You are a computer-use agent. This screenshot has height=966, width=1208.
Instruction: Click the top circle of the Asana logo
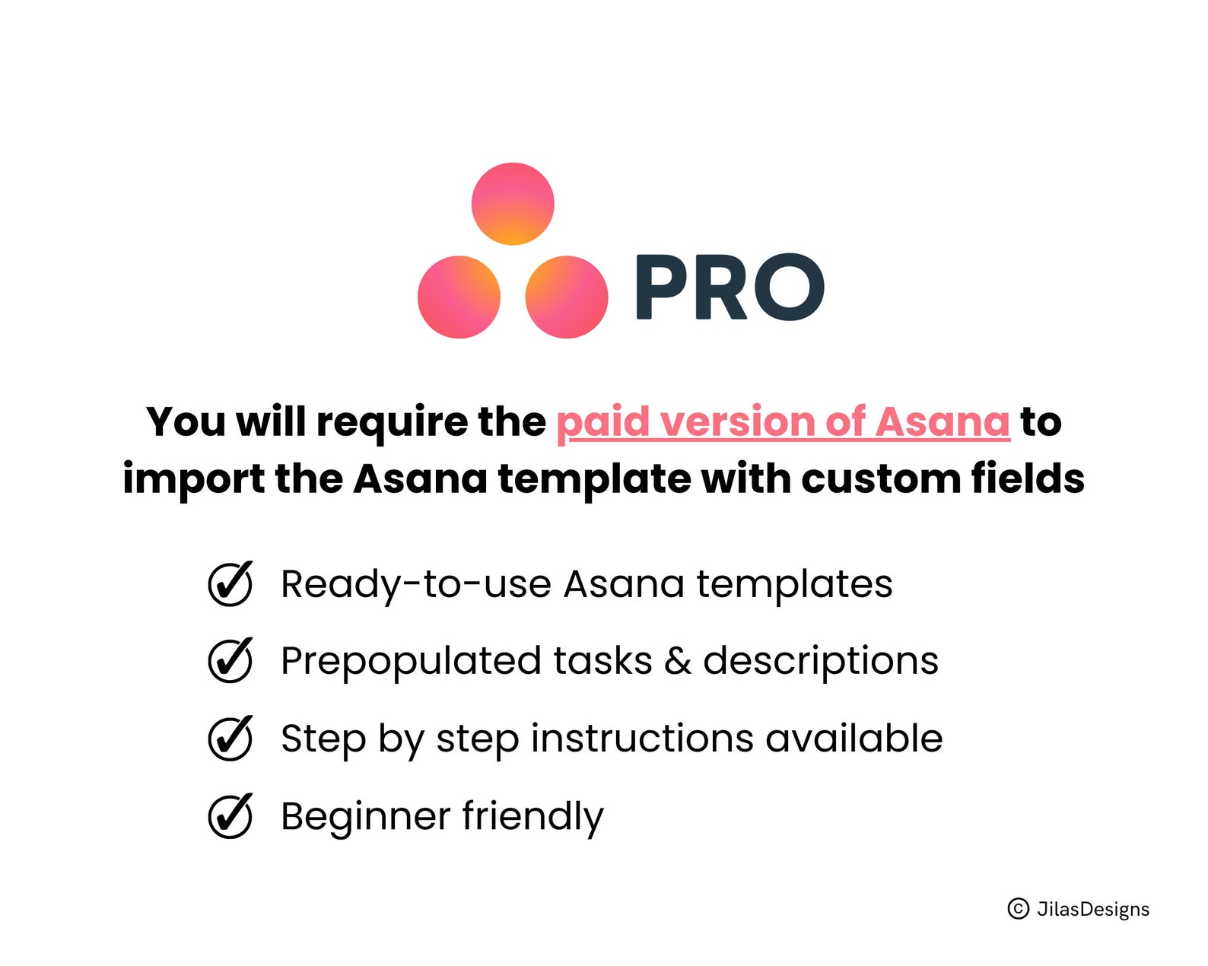tap(513, 204)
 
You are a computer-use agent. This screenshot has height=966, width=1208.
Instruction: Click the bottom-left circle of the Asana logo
tap(459, 297)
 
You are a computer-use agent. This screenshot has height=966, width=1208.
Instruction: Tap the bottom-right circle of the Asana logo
tap(567, 297)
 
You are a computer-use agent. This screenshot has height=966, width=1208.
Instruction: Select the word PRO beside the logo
tap(729, 288)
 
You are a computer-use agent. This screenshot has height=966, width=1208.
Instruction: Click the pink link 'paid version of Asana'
tap(783, 422)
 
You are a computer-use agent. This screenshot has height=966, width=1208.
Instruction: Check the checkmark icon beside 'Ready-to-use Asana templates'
tap(230, 584)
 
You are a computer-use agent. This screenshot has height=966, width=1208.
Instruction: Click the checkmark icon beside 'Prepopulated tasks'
tap(230, 660)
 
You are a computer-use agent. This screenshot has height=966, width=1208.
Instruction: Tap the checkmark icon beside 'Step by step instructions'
tap(230, 739)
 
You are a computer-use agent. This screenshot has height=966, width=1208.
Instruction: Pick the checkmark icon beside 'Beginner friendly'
tap(230, 816)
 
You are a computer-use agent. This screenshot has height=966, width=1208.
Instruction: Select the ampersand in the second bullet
tap(677, 661)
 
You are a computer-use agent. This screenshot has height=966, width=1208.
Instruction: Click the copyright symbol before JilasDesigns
tap(1018, 908)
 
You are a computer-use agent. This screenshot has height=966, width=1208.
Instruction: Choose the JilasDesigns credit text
tap(1093, 909)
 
